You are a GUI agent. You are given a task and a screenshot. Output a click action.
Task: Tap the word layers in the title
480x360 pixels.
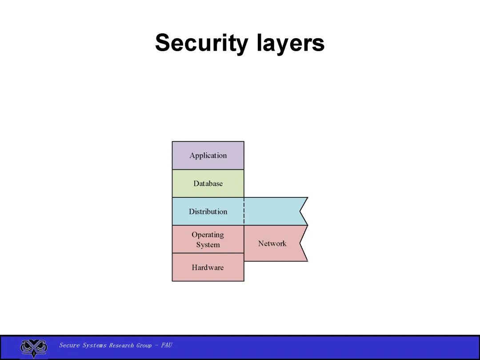291,44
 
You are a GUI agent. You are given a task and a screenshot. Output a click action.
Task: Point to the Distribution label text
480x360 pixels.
208,212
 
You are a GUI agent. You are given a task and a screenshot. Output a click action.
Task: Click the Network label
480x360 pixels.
272,244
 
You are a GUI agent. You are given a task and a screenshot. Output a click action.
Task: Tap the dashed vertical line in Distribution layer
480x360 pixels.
244,212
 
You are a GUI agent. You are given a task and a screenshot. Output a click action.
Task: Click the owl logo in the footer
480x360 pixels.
33,347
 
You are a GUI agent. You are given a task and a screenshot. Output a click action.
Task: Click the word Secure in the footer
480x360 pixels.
69,345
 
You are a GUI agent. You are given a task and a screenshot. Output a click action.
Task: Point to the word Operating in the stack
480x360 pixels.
208,235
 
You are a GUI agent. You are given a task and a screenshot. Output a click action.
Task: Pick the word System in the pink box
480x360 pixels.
208,245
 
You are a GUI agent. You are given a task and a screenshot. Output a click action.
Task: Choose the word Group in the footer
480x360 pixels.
144,345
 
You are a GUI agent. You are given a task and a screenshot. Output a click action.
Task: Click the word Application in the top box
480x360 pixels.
208,156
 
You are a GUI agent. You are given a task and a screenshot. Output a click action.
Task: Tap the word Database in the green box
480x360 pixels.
208,184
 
